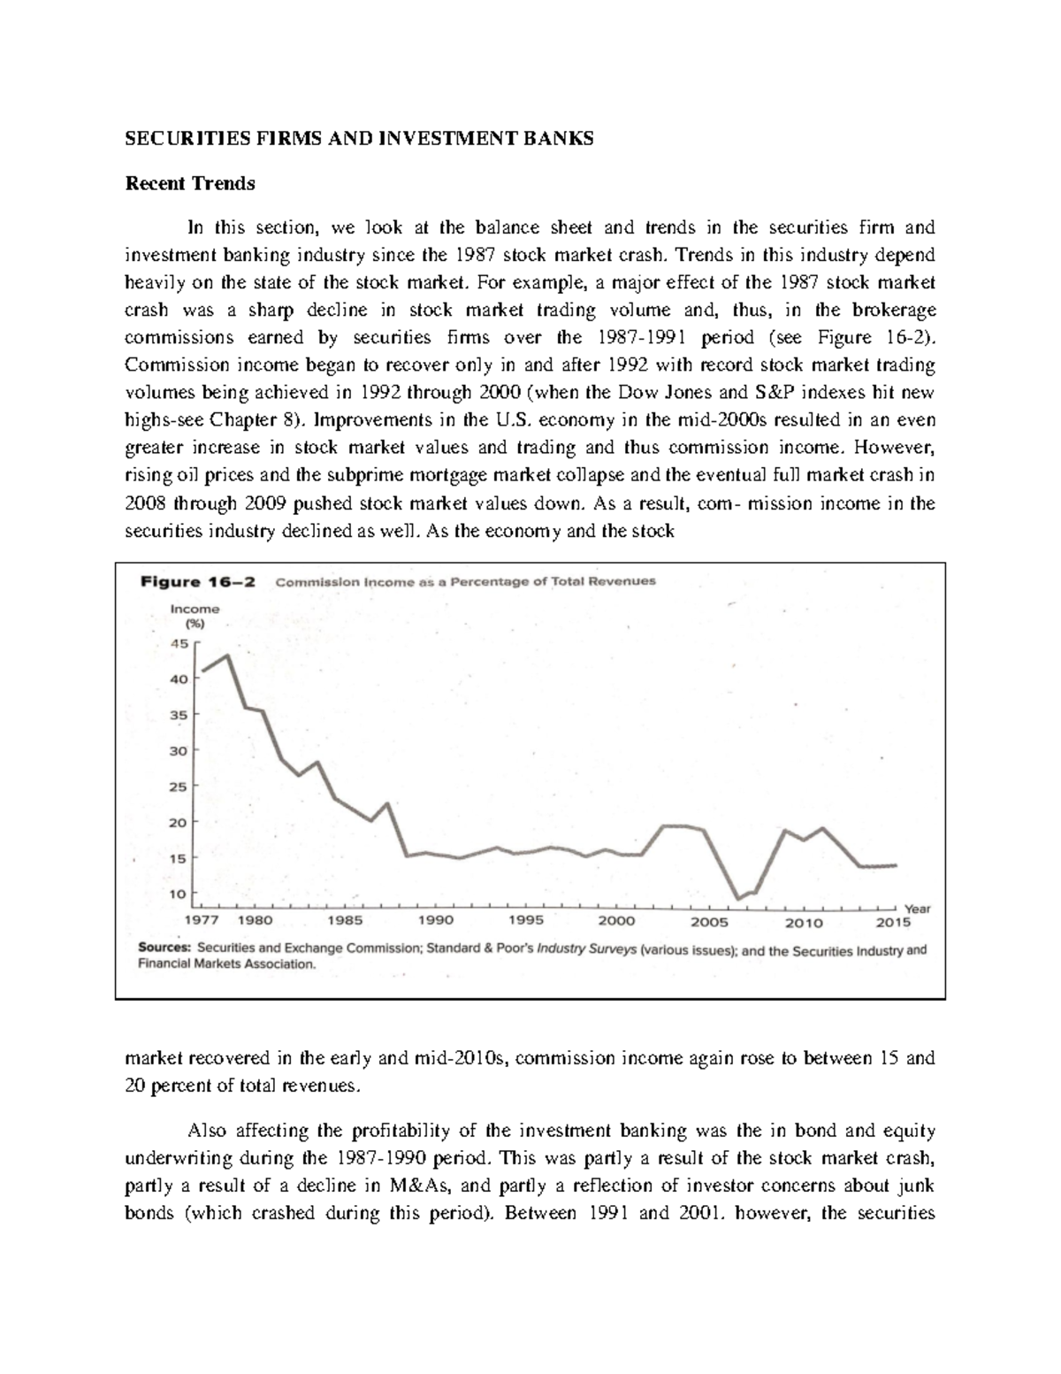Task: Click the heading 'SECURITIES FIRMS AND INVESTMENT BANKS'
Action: [359, 139]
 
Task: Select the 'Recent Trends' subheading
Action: [190, 183]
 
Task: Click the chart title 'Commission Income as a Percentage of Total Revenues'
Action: [466, 581]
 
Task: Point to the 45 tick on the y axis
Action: [179, 644]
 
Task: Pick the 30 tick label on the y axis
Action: [179, 750]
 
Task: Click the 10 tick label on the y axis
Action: [179, 894]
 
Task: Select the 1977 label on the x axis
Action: [200, 921]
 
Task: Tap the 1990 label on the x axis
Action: [437, 921]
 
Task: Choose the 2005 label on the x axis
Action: [709, 921]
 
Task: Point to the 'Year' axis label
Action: [918, 908]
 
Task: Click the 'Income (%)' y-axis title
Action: [195, 615]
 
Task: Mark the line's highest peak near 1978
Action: [228, 656]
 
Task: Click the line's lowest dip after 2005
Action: [739, 898]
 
